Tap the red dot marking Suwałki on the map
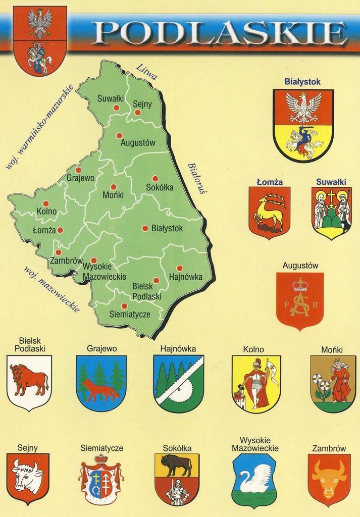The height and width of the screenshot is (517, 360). tap(116, 108)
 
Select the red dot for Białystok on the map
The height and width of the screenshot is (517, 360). tap(145, 228)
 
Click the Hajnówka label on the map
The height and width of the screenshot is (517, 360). tap(186, 277)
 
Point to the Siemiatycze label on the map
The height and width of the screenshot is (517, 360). tap(130, 314)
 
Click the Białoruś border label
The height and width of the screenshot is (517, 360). tap(194, 178)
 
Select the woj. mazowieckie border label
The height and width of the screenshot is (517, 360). tap(51, 289)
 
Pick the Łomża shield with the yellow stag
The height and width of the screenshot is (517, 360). tap(269, 212)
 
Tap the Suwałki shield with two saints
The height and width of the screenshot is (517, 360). tap(331, 212)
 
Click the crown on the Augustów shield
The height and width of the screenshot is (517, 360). tap(300, 286)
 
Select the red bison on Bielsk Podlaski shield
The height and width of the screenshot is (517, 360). tap(29, 379)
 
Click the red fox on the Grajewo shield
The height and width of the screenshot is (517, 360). tap(100, 390)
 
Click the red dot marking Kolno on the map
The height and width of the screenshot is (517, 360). tap(45, 203)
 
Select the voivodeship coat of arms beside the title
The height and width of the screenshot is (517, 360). tap(40, 40)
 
